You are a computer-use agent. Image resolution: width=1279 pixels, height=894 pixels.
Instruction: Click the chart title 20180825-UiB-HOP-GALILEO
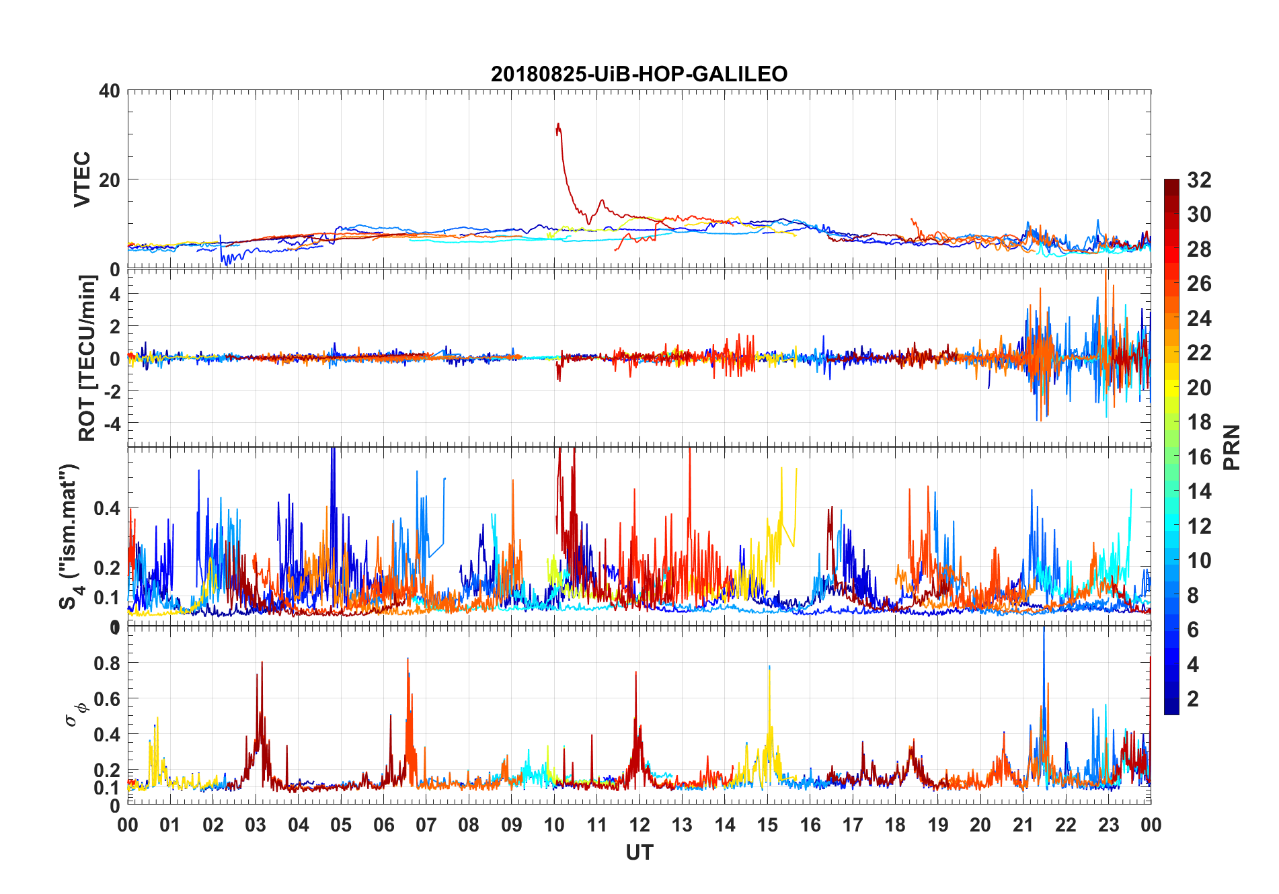[639, 74]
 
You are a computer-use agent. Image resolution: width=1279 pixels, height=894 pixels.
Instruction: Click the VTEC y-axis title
[81, 179]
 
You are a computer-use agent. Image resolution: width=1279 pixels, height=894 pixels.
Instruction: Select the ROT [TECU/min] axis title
[87, 358]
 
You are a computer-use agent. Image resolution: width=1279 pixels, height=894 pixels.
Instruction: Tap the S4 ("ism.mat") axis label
[69, 536]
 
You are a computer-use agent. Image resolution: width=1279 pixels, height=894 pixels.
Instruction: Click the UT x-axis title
[639, 853]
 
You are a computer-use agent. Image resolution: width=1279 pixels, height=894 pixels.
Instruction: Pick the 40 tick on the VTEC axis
[110, 91]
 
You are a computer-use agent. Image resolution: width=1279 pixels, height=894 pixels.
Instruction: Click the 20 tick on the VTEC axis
[110, 180]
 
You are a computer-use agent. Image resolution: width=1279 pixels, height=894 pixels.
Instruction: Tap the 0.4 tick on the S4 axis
[107, 508]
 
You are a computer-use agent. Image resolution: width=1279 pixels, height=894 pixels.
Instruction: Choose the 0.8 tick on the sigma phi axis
[107, 663]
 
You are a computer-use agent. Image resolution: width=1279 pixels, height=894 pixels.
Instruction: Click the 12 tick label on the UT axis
[639, 825]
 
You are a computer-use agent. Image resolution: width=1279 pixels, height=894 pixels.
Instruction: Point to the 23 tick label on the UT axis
[1108, 825]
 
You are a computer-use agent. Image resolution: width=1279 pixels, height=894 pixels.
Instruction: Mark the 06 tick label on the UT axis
[383, 825]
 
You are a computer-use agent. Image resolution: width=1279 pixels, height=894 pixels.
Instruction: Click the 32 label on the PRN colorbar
[1199, 180]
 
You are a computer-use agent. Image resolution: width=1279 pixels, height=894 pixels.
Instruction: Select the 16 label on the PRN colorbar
[1199, 457]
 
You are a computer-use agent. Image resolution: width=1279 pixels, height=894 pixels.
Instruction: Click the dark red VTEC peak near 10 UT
[558, 125]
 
